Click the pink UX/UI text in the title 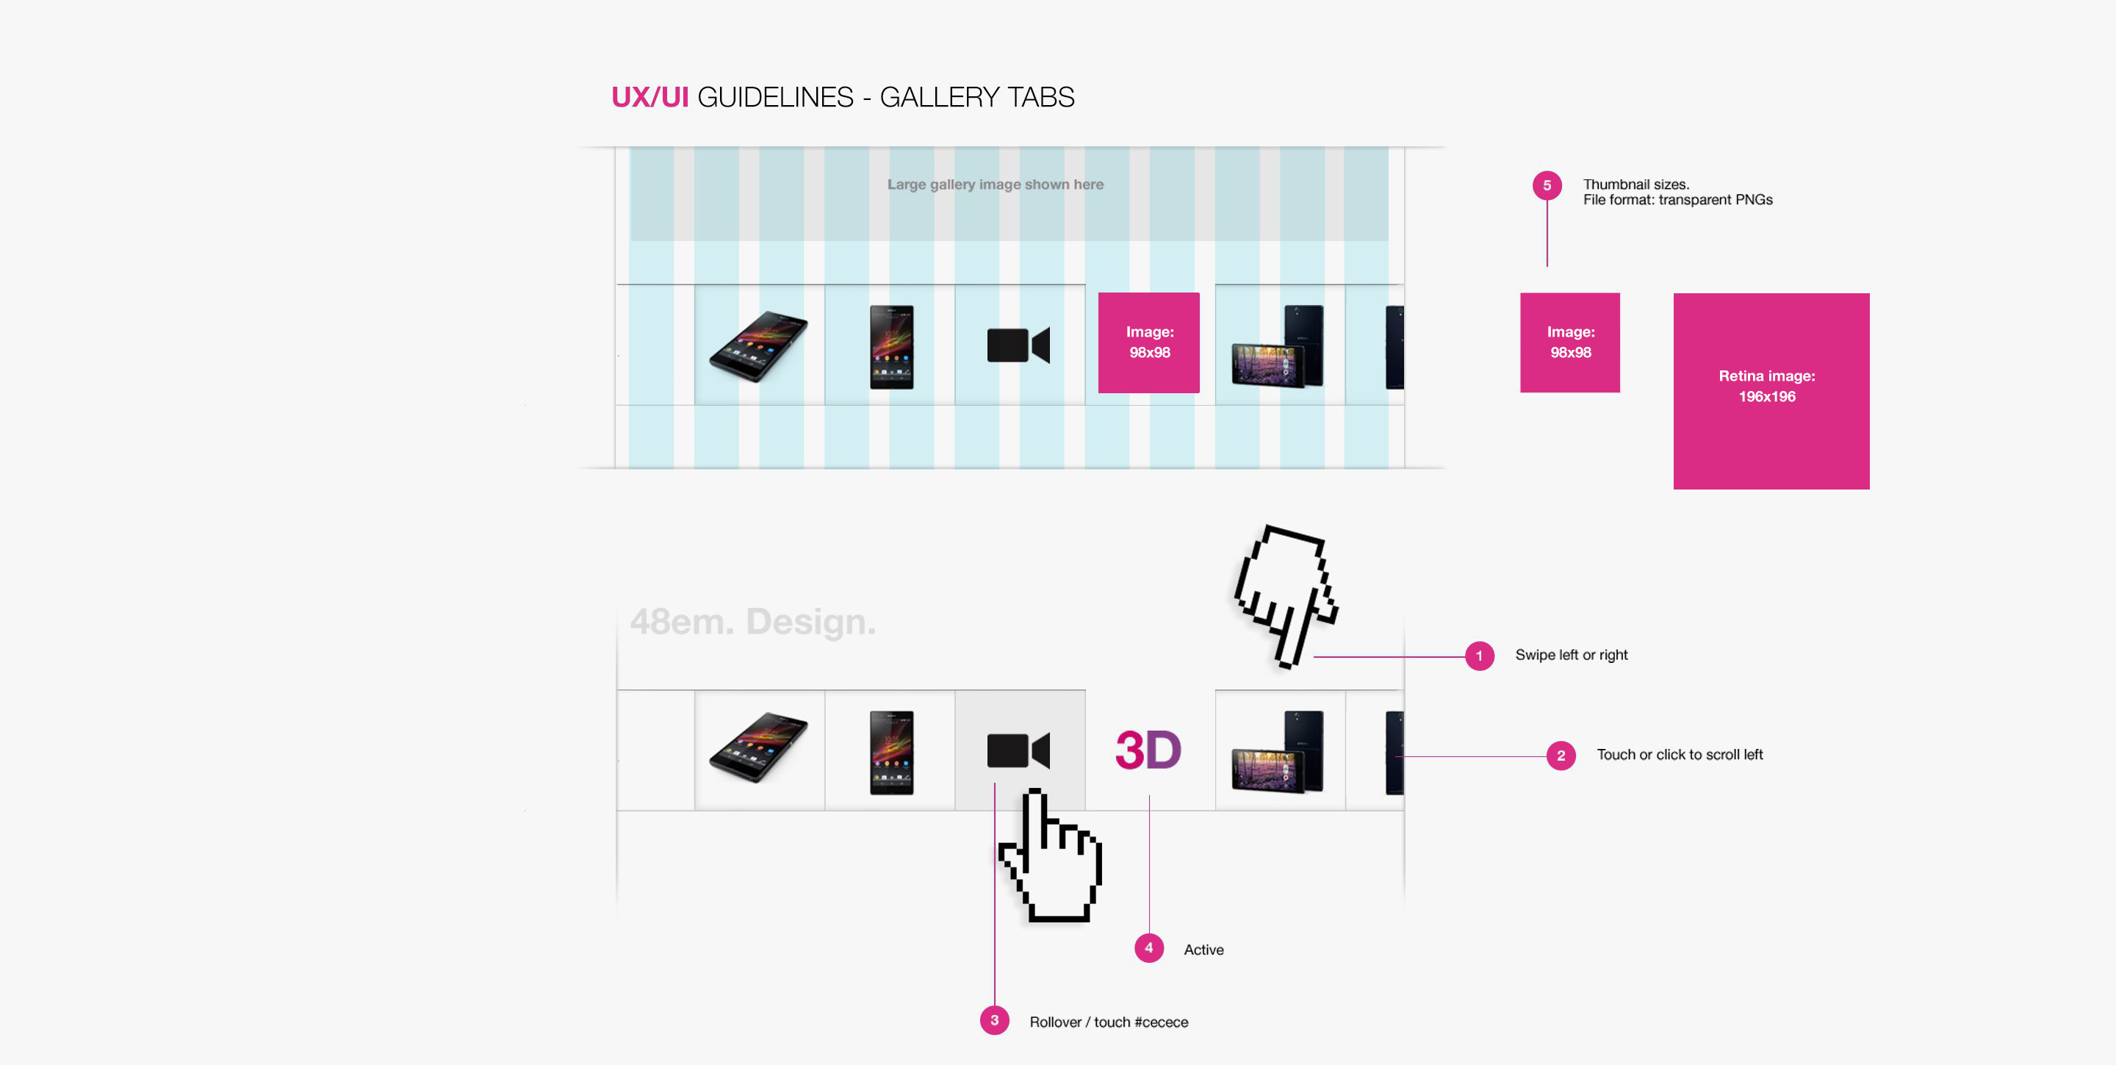(649, 97)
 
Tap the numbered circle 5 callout (1547, 186)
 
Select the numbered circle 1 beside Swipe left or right (1480, 656)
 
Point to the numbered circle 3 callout (994, 1021)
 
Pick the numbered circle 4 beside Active (1148, 948)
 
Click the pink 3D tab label (1148, 750)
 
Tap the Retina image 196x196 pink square (1771, 391)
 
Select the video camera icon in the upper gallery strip (1018, 345)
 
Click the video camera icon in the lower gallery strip (1018, 750)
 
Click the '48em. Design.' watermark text (752, 622)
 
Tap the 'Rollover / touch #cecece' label (1108, 1022)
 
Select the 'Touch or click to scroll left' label (1679, 755)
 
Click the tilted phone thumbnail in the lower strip (758, 747)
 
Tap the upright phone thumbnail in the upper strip (891, 347)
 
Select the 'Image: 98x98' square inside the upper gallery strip (1148, 343)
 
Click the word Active (1203, 950)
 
